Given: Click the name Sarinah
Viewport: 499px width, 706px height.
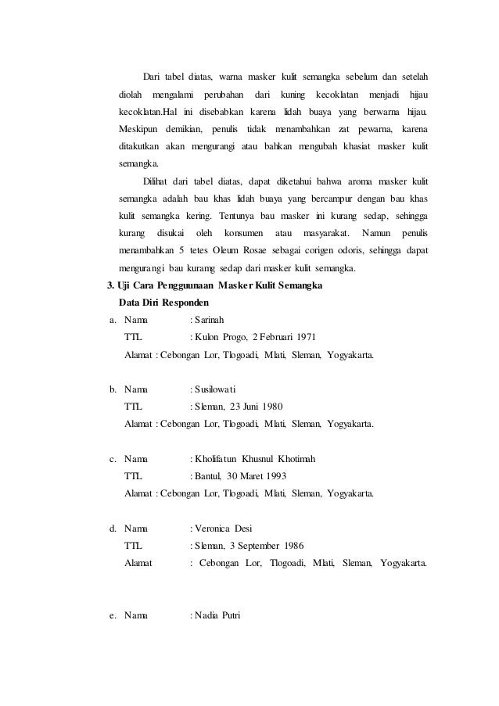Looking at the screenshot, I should [212, 319].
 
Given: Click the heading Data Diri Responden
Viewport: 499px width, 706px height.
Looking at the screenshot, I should [163, 302].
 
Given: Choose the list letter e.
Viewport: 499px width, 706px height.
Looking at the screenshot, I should [113, 616].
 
